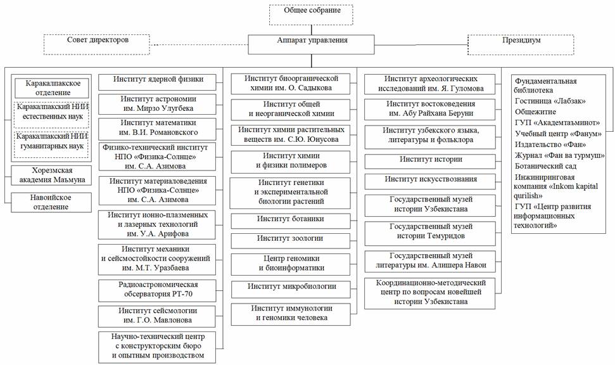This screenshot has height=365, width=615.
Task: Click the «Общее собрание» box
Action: click(311, 15)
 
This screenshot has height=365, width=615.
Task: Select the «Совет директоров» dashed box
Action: click(97, 44)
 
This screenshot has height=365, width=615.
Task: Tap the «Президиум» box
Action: click(521, 45)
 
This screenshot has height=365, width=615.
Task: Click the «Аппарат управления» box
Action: click(312, 44)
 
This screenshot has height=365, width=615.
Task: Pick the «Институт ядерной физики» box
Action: click(157, 82)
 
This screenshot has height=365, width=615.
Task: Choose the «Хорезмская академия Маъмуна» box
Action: click(51, 176)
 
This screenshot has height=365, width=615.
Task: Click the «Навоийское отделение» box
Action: click(51, 203)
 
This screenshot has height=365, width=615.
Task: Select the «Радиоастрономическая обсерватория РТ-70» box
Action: click(157, 290)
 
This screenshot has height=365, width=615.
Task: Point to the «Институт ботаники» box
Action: click(291, 221)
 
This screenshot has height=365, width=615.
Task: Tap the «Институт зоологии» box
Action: click(291, 241)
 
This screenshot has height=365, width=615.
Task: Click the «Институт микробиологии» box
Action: click(291, 289)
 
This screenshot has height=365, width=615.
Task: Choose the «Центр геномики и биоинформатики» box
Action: click(291, 264)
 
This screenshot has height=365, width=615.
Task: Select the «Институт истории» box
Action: click(430, 162)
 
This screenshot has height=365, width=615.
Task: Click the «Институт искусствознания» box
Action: click(430, 182)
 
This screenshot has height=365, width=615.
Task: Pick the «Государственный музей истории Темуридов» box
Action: click(430, 234)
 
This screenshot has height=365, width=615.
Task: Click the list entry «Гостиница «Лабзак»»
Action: click(550, 101)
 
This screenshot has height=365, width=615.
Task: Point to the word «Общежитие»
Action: click(535, 112)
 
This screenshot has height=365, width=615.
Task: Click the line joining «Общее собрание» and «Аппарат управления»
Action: click(312, 30)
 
